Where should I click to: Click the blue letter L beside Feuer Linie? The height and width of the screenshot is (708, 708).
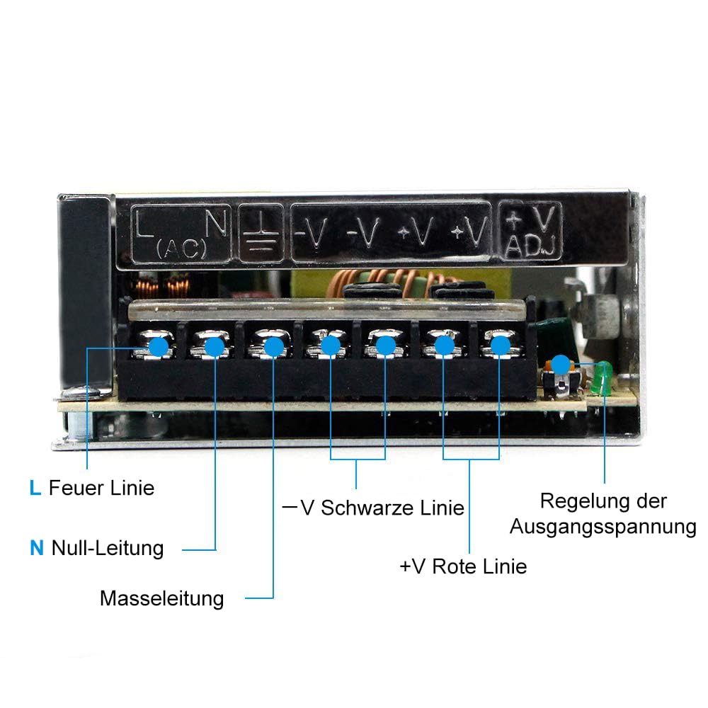pyautogui.click(x=35, y=488)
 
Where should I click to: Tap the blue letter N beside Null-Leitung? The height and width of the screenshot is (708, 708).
pyautogui.click(x=37, y=548)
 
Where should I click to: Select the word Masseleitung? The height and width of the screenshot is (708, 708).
pyautogui.click(x=161, y=599)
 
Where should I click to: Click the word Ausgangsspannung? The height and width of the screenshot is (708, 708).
pyautogui.click(x=603, y=527)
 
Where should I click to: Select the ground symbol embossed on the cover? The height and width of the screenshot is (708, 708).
pyautogui.click(x=261, y=233)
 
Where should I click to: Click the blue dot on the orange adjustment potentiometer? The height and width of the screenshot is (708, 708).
pyautogui.click(x=561, y=365)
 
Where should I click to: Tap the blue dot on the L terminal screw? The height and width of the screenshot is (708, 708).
pyautogui.click(x=159, y=347)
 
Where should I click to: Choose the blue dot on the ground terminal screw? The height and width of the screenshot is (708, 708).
pyautogui.click(x=273, y=348)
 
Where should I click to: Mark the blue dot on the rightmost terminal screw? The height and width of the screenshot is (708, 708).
pyautogui.click(x=501, y=346)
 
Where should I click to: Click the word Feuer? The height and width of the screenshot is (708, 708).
pyautogui.click(x=76, y=488)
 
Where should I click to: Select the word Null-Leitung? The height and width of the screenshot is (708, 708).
pyautogui.click(x=108, y=549)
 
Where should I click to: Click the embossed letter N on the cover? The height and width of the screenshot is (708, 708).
pyautogui.click(x=216, y=224)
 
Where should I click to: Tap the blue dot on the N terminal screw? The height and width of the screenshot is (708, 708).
pyautogui.click(x=215, y=347)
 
